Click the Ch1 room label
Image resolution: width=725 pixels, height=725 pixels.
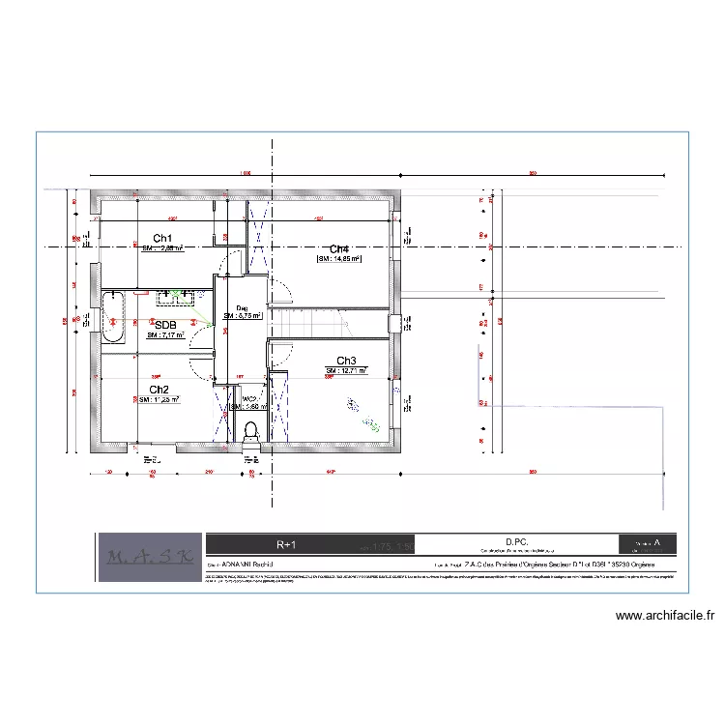pyautogui.click(x=162, y=238)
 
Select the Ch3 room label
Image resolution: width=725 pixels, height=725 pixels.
pyautogui.click(x=346, y=361)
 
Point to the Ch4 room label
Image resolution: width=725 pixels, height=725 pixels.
pyautogui.click(x=339, y=248)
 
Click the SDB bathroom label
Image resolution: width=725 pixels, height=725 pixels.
pyautogui.click(x=165, y=325)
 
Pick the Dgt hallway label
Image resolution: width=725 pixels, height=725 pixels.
pyautogui.click(x=242, y=308)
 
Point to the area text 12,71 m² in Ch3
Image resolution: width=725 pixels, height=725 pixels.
pyautogui.click(x=346, y=371)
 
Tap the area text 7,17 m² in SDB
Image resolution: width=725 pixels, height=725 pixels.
pyautogui.click(x=165, y=336)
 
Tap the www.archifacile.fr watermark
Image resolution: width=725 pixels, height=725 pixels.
pyautogui.click(x=663, y=616)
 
